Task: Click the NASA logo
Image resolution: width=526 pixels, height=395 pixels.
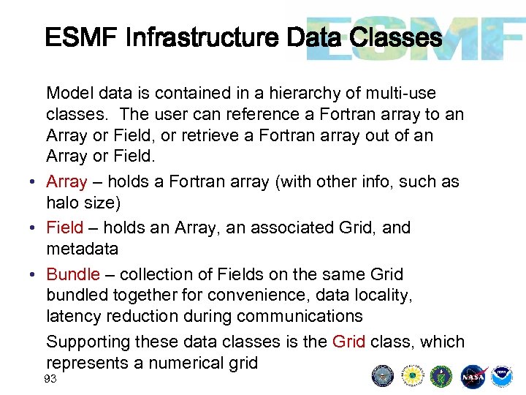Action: click(474, 375)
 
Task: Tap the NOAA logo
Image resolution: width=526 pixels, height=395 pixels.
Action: click(501, 375)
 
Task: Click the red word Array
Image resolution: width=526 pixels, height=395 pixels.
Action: click(66, 181)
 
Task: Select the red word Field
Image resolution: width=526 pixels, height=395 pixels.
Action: click(64, 227)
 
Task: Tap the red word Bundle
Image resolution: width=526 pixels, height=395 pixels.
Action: click(72, 274)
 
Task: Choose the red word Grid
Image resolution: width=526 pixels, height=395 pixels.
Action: click(348, 342)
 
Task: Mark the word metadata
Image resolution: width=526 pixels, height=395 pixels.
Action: click(82, 249)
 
